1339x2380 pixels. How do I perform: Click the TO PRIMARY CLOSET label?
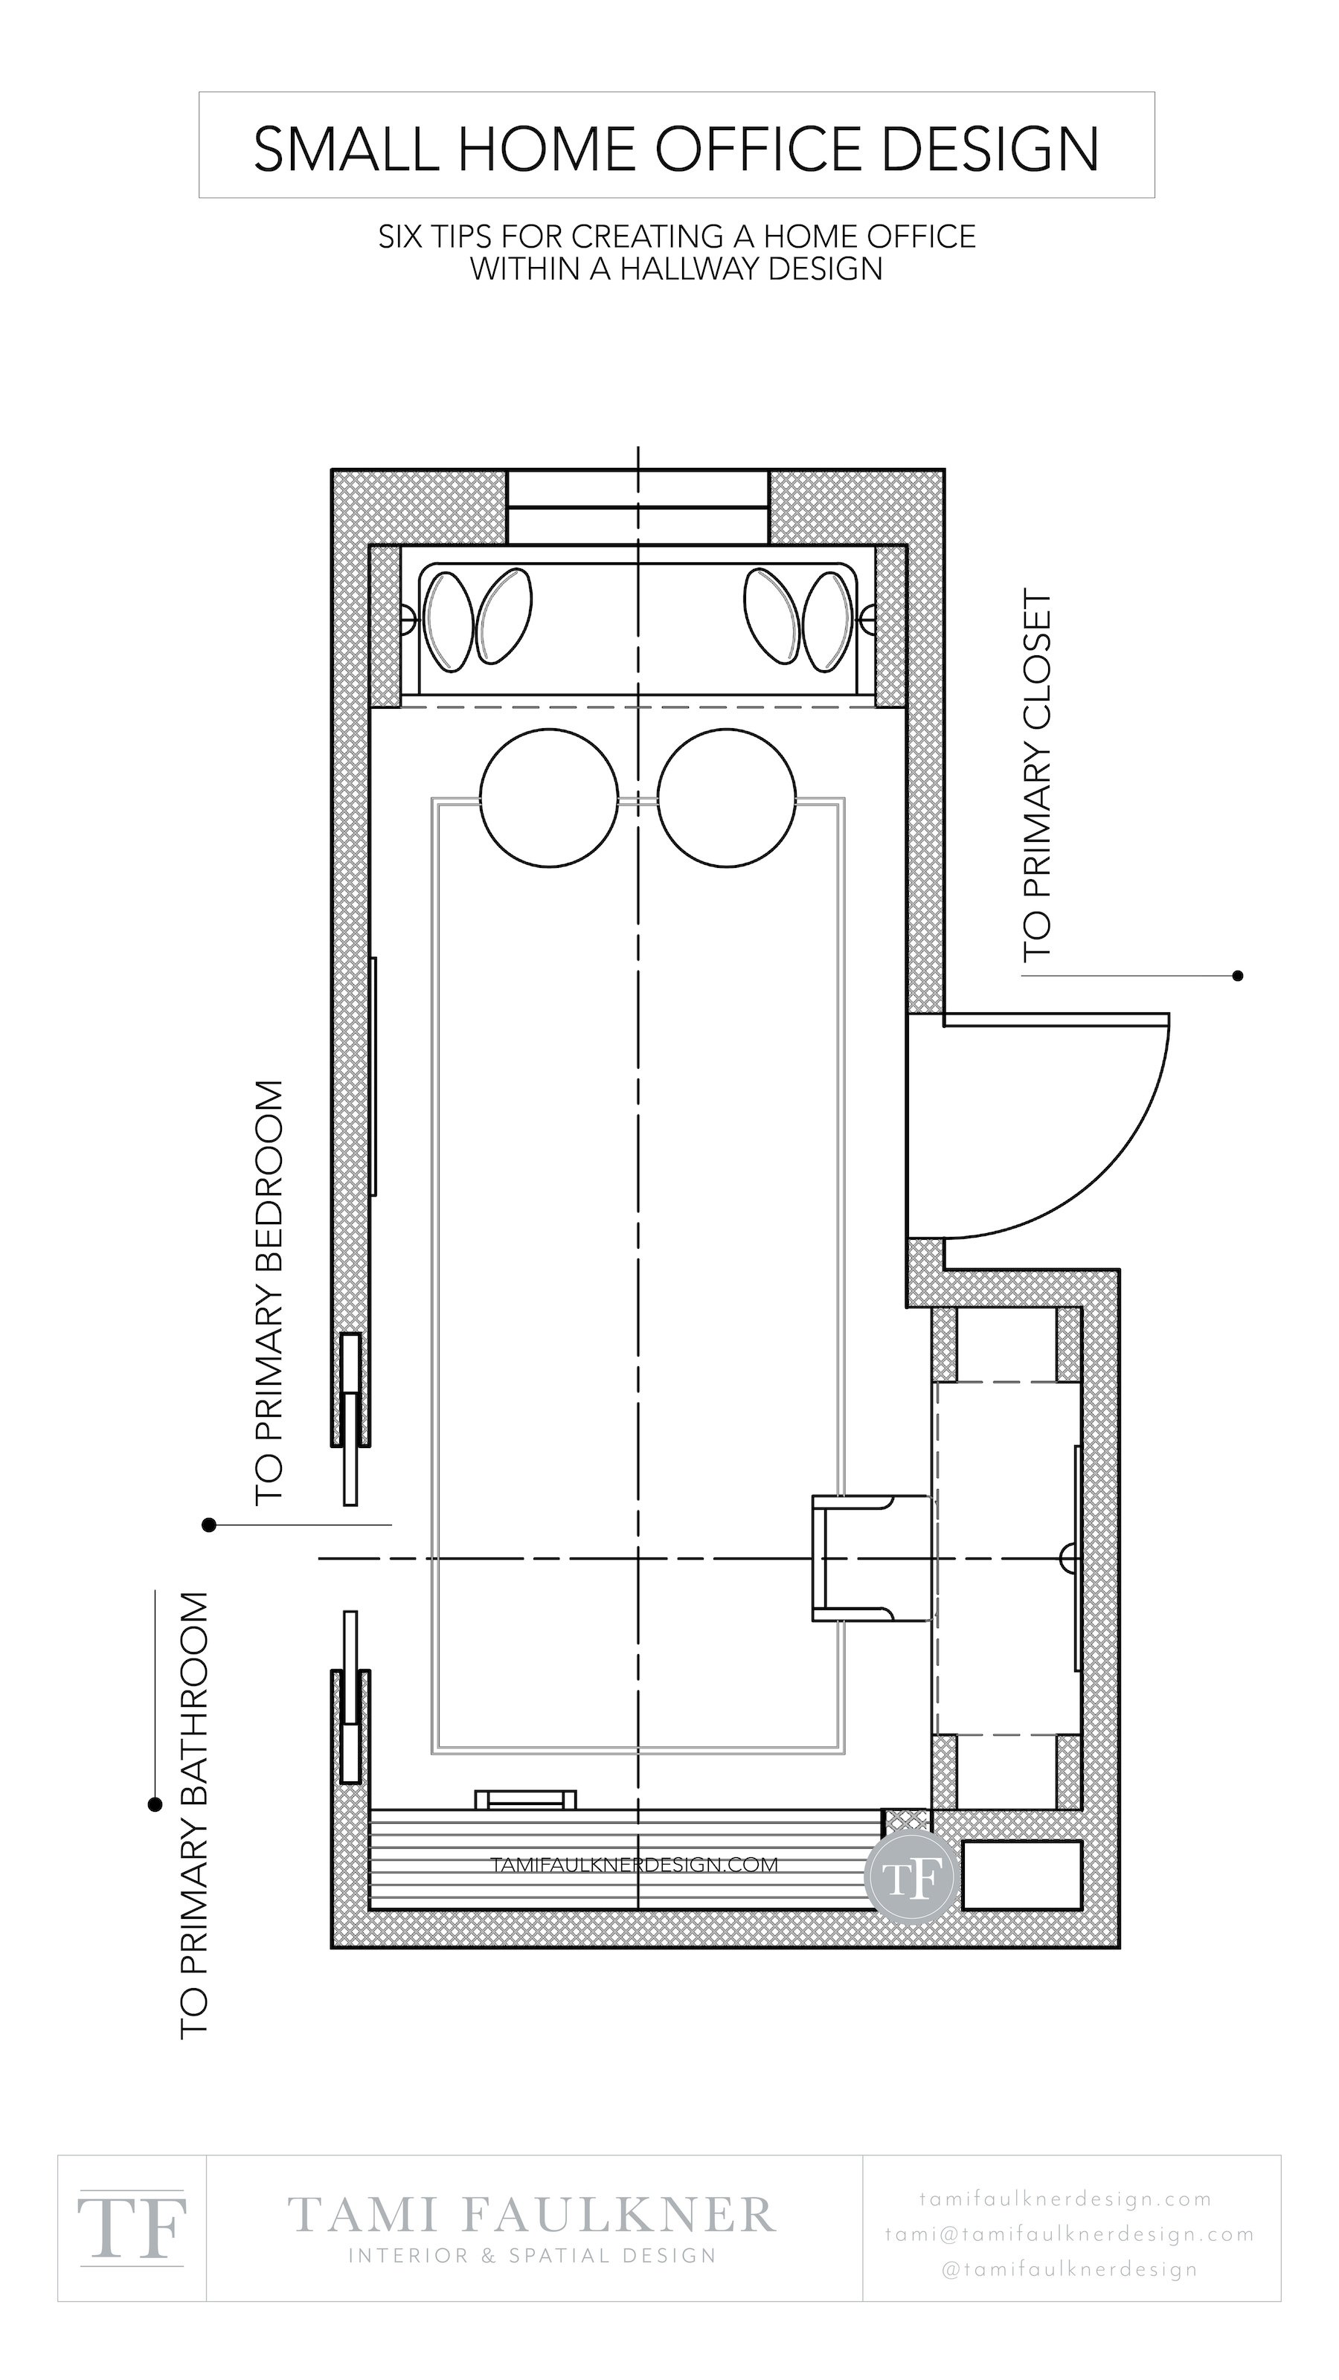1037,778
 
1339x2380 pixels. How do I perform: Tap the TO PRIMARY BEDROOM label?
267,1293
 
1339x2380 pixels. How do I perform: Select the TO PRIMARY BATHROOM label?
193,1815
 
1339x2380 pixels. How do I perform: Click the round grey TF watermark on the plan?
911,1876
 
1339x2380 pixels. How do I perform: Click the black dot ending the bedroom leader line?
209,1525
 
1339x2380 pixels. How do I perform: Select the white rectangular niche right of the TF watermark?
1021,1874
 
